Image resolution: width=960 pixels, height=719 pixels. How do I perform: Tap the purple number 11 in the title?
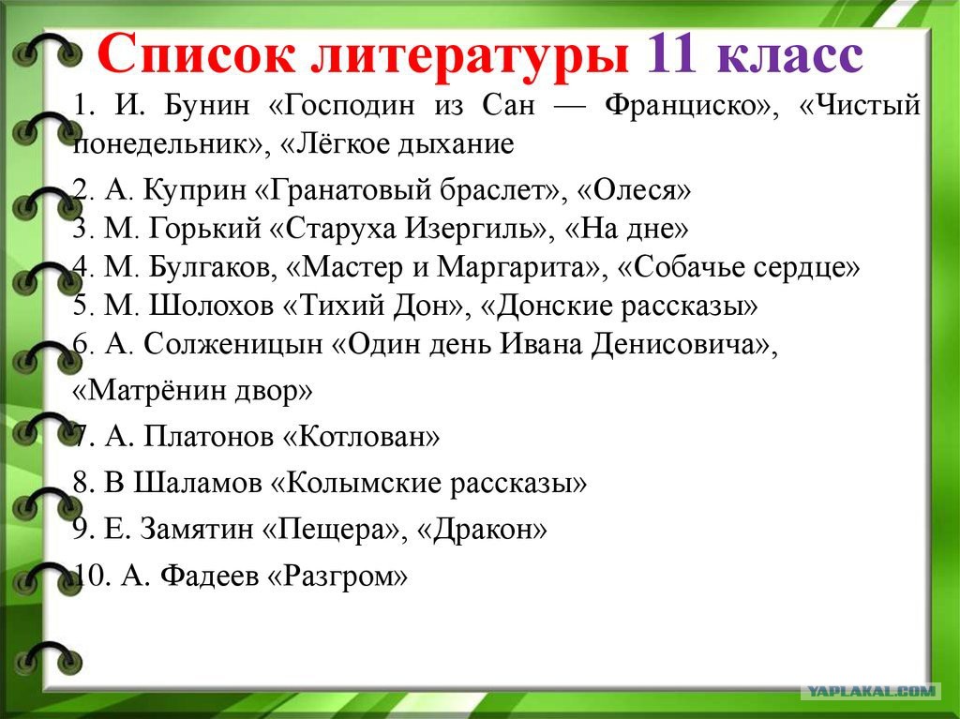[671, 52]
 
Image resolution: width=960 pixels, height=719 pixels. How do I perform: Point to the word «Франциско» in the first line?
[692, 106]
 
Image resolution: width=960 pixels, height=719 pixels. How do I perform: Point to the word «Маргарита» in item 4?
[519, 267]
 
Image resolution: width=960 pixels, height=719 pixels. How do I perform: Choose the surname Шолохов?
[211, 305]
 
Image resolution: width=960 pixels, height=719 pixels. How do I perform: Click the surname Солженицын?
[233, 345]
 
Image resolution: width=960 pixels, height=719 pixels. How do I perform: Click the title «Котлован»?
[361, 437]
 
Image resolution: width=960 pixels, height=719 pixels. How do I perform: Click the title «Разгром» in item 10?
[337, 576]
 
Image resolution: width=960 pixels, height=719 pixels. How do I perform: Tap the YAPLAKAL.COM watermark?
[871, 692]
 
